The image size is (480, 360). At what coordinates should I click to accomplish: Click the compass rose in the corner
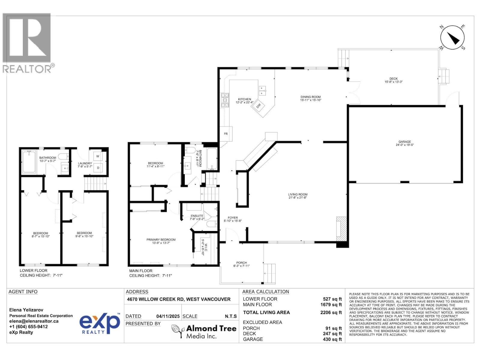(x=452, y=37)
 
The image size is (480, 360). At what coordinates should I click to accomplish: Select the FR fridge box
(x=226, y=134)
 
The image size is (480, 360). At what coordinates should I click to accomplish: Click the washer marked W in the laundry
(x=98, y=156)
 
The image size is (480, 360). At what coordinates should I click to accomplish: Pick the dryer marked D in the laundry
(x=98, y=168)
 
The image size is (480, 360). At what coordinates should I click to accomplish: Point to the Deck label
(x=393, y=79)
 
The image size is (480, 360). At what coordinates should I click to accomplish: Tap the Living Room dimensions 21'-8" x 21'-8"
(x=298, y=198)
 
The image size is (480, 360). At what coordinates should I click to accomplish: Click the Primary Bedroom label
(x=161, y=240)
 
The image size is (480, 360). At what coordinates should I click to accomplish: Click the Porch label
(x=241, y=263)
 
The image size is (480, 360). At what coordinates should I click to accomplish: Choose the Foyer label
(x=232, y=218)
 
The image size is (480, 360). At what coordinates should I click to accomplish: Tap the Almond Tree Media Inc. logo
(x=204, y=332)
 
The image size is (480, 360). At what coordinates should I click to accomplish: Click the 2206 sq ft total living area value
(x=331, y=313)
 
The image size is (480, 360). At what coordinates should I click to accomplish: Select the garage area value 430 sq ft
(x=334, y=339)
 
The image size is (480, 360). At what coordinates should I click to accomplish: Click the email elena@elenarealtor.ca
(x=34, y=321)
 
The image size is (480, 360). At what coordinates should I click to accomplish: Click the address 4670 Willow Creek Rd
(x=179, y=299)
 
